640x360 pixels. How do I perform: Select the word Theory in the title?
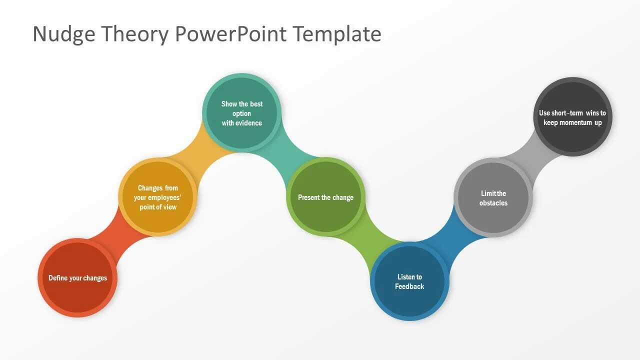click(x=134, y=34)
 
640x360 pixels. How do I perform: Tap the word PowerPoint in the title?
click(x=231, y=34)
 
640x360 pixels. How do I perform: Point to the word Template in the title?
click(x=337, y=34)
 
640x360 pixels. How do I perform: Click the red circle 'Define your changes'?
click(x=77, y=277)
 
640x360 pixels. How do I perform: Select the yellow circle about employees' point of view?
click(x=157, y=197)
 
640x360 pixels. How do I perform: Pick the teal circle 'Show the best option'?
click(x=242, y=113)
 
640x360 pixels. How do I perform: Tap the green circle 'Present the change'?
click(x=325, y=197)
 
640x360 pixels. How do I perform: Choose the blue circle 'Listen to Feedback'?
click(x=409, y=281)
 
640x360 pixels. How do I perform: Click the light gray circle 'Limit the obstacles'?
click(x=493, y=197)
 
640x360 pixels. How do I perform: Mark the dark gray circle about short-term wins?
click(x=572, y=117)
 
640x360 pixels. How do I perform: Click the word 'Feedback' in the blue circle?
click(x=409, y=286)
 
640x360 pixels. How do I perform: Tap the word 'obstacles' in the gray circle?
click(x=493, y=203)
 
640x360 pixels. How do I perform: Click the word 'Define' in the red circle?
click(x=58, y=278)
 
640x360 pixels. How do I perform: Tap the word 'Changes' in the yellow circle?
click(x=150, y=188)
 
